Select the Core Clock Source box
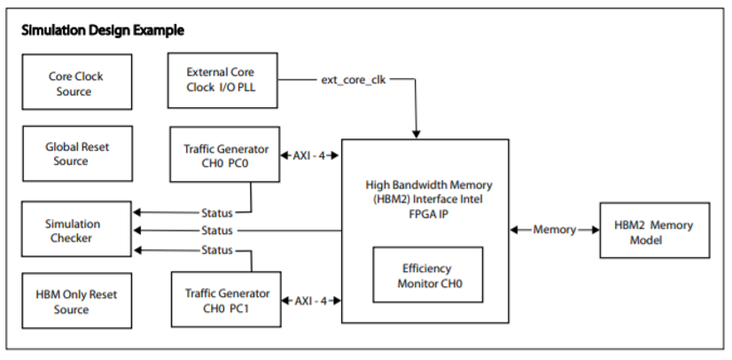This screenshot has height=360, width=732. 74,83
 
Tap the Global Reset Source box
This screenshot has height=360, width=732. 74,154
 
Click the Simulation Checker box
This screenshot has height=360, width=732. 74,231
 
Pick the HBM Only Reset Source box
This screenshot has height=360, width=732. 74,301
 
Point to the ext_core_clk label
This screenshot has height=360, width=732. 354,80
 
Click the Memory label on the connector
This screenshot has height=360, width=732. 554,231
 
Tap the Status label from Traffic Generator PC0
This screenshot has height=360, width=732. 216,213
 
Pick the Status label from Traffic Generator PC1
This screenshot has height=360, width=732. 216,250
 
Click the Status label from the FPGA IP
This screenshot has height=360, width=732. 216,231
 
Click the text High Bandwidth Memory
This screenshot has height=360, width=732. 424,185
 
